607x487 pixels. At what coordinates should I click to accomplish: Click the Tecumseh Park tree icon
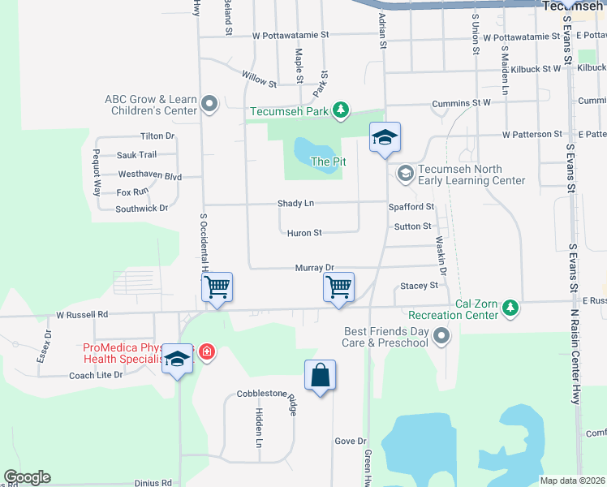pos(342,110)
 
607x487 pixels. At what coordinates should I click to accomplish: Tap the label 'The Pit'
pos(328,162)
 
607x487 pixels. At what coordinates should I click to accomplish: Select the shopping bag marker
pos(321,375)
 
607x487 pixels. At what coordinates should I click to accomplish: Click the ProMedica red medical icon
pos(207,352)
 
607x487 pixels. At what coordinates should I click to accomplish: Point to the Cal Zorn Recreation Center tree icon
pos(510,307)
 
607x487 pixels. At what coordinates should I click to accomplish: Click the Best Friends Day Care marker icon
pos(441,335)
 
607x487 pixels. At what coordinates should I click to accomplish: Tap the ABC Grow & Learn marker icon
pos(210,104)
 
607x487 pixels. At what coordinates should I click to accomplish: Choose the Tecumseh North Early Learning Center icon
pos(405,173)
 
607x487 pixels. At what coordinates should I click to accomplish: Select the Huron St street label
pos(304,233)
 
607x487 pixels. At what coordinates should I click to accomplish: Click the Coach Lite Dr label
pos(96,375)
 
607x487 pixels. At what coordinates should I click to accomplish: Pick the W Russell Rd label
pos(82,314)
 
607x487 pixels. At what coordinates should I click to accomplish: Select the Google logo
pos(27,477)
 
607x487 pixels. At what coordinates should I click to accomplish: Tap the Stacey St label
pos(419,286)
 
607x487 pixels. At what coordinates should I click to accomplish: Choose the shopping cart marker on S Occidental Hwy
pos(217,287)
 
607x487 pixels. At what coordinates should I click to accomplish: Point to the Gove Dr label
pos(351,441)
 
